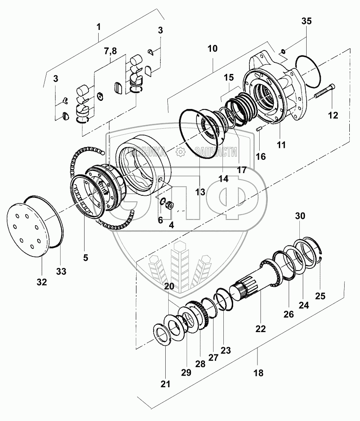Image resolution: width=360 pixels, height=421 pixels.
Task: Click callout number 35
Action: click(307, 21)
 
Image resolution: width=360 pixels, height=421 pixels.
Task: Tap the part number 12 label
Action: click(333, 115)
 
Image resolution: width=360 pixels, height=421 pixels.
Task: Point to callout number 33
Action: click(61, 271)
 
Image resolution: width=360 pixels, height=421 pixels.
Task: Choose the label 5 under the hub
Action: click(85, 258)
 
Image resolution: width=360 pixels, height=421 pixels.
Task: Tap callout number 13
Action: click(201, 192)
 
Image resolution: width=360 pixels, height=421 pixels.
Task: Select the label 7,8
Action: click(110, 51)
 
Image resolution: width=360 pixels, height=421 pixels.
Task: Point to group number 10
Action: click(212, 49)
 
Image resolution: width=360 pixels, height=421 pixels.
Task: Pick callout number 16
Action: click(260, 156)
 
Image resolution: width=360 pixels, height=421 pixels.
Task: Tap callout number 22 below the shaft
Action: click(260, 329)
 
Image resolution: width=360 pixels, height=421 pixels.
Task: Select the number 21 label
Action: click(165, 384)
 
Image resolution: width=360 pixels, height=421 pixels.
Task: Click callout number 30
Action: click(300, 216)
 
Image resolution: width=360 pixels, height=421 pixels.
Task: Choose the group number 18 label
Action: click(258, 373)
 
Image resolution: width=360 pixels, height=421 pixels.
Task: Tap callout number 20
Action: click(169, 286)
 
